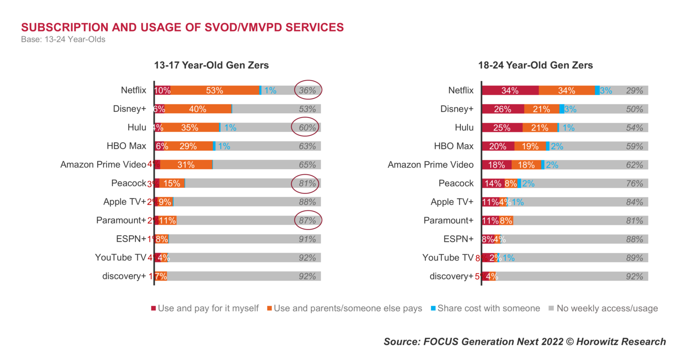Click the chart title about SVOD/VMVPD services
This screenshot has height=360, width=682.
click(182, 27)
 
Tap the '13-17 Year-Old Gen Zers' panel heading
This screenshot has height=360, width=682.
click(211, 65)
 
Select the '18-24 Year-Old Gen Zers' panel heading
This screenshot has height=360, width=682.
click(535, 65)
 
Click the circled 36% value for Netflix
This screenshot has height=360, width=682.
click(307, 91)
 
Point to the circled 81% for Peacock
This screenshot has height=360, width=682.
click(307, 183)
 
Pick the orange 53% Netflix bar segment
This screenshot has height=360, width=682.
click(214, 91)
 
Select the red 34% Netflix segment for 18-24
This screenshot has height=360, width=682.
click(510, 91)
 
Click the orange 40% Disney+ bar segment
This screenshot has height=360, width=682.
click(198, 109)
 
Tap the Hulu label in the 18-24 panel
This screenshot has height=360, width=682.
click(464, 128)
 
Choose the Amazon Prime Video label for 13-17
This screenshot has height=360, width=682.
click(103, 165)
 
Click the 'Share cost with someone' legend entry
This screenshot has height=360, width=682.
click(486, 309)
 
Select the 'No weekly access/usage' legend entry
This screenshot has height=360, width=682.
click(603, 309)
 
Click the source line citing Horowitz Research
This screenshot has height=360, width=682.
click(525, 342)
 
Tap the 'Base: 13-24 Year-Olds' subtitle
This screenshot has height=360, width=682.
click(63, 39)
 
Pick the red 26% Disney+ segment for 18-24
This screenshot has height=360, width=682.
click(502, 109)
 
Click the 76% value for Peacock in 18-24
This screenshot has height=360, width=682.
click(634, 183)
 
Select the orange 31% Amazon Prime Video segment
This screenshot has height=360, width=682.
click(186, 165)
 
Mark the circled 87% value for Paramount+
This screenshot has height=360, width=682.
click(307, 221)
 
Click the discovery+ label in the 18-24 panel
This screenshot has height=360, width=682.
click(451, 276)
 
